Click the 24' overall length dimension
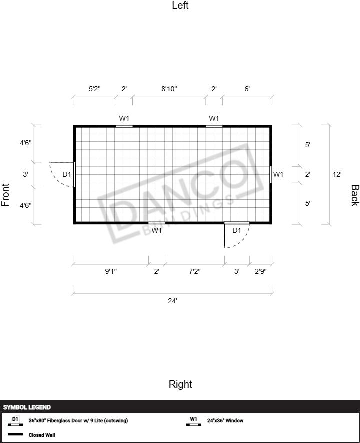[172, 301]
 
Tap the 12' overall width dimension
[337, 174]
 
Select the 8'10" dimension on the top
[169, 89]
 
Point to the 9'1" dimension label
[111, 271]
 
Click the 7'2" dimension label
[195, 271]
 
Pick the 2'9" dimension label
[260, 271]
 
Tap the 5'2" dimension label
[94, 89]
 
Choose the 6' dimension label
[247, 89]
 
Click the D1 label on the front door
[67, 174]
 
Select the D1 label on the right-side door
[237, 230]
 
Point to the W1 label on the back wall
[278, 174]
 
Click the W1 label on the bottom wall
[156, 230]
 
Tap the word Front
[5, 195]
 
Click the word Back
[355, 195]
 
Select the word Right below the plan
[180, 384]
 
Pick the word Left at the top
[180, 5]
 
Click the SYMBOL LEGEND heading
[27, 407]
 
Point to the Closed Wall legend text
[42, 435]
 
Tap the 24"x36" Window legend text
[225, 420]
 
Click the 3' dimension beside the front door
[25, 174]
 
